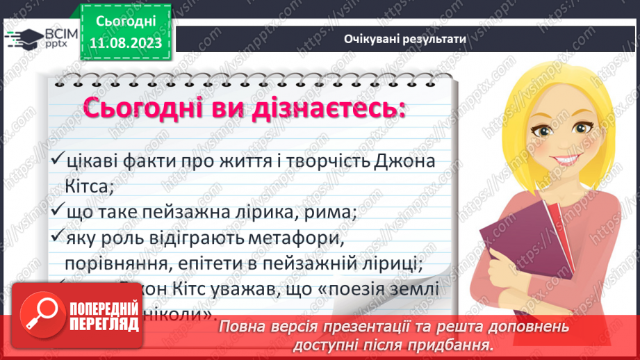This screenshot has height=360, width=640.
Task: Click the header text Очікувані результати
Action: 404,39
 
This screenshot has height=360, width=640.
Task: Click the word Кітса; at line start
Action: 83,186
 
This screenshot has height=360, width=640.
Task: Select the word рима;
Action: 334,213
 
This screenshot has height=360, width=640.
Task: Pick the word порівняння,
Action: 115,263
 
